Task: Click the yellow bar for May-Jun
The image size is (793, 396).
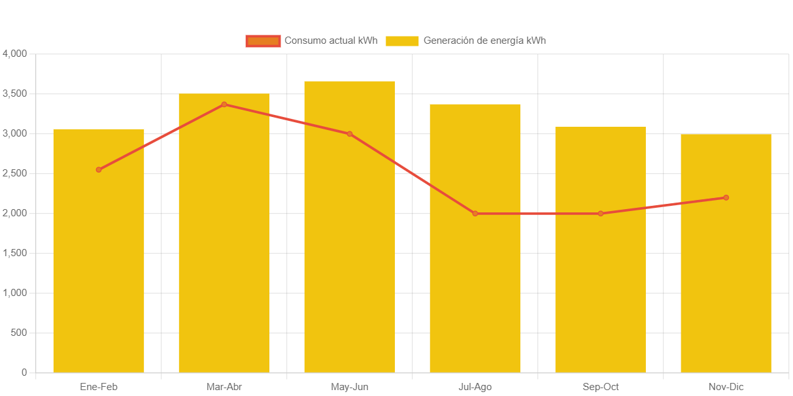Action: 350,261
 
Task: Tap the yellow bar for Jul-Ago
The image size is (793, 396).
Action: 475,294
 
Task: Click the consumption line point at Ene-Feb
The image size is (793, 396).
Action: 99,170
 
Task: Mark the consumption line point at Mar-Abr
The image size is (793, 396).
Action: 224,105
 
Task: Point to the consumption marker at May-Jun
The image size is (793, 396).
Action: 350,134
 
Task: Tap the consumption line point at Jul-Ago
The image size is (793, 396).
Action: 475,214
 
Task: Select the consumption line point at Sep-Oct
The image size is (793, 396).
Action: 601,214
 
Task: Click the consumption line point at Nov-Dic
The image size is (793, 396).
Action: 726,197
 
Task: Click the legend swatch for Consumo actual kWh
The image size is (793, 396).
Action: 263,41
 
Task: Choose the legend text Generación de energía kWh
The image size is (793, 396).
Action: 484,41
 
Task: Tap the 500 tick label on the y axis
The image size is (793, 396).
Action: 20,333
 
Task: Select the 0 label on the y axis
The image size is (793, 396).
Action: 24,372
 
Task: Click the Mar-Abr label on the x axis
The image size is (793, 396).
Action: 224,387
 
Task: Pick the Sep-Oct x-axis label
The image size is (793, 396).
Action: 601,387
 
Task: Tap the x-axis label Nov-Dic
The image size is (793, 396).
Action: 726,387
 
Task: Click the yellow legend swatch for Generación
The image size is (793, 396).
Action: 402,41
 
